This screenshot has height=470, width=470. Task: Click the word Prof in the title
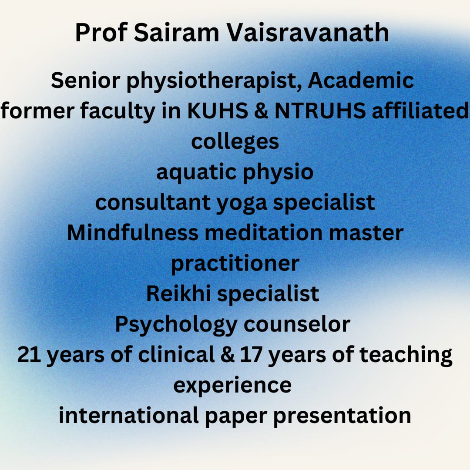tap(101, 32)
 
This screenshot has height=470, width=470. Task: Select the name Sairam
tap(177, 32)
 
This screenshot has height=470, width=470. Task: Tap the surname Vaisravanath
tap(307, 32)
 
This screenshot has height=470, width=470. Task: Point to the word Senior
tap(86, 81)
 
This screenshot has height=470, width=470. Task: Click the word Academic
tap(361, 81)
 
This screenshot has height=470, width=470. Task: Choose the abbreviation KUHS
tap(218, 111)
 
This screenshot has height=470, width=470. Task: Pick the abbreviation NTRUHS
tap(320, 111)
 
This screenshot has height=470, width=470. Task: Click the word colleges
tap(235, 142)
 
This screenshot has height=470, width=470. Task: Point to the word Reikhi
tap(179, 293)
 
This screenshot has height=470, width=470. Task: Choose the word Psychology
tap(176, 325)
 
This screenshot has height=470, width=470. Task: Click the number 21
tap(30, 355)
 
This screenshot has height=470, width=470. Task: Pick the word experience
tap(232, 386)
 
